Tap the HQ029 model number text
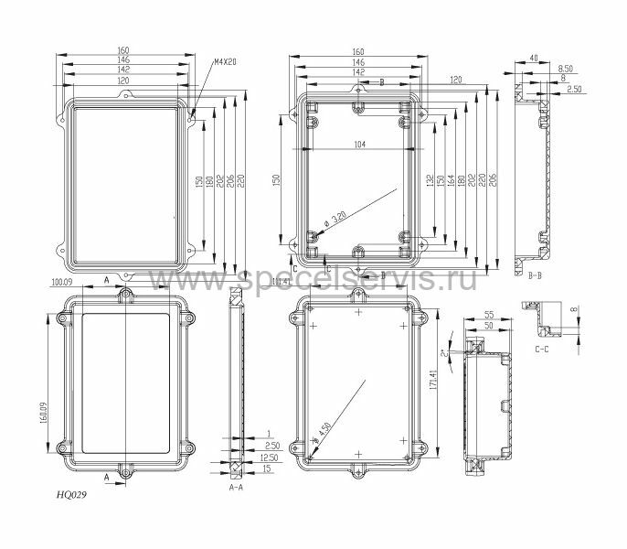tap(74, 493)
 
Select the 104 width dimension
tap(359, 145)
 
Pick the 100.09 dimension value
tap(61, 282)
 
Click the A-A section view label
tap(235, 489)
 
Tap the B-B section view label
tap(534, 274)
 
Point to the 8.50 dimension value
tap(566, 69)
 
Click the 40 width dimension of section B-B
tap(534, 59)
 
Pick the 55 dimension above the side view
tap(488, 313)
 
